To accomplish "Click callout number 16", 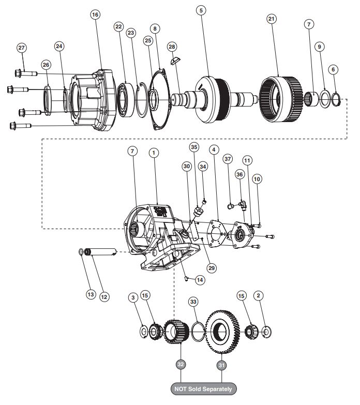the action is point(95,14).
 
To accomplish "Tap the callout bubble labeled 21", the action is point(271,19).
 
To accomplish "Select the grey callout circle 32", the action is point(181,365).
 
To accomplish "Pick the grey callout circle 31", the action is point(221,365).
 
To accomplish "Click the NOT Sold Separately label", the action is point(203,389).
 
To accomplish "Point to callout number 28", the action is point(172,47).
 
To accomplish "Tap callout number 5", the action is point(201,10).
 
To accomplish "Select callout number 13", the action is point(91,294).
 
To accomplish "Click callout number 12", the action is point(104,297).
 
